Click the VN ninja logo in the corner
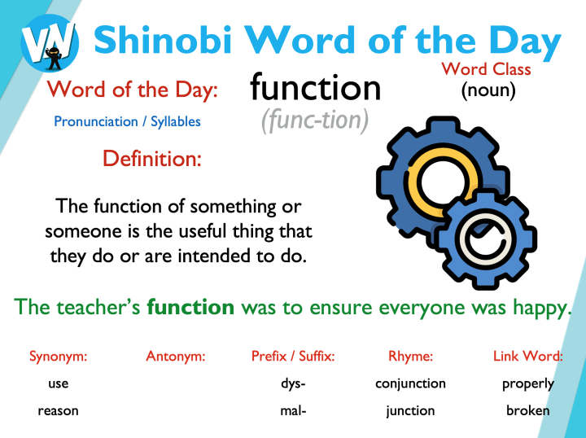click(x=50, y=41)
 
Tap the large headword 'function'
click(x=315, y=87)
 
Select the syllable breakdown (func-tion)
click(x=315, y=120)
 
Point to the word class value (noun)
click(x=488, y=90)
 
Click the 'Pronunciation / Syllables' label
click(x=127, y=121)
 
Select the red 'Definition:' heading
click(x=152, y=157)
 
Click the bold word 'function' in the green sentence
click(x=190, y=307)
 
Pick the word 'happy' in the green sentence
click(x=540, y=307)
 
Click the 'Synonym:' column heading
click(x=59, y=356)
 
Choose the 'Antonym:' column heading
click(x=175, y=356)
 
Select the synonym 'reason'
click(x=59, y=410)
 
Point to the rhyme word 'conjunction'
click(x=410, y=383)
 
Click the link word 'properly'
click(x=527, y=383)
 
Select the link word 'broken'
click(x=527, y=410)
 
